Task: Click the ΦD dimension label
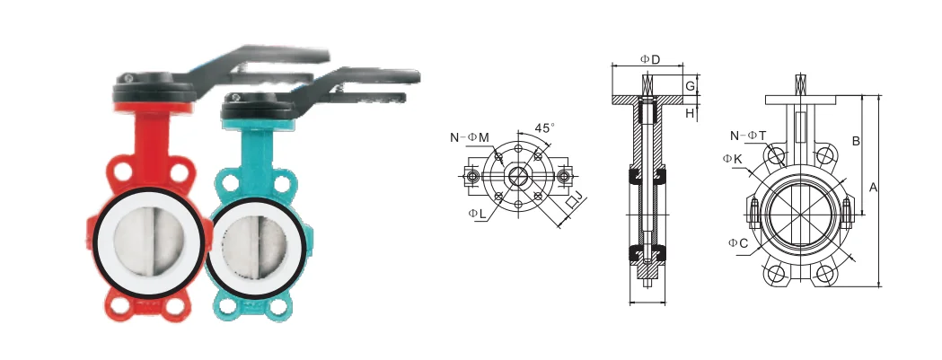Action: [649, 59]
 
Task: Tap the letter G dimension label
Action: [691, 86]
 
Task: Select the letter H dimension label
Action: [691, 113]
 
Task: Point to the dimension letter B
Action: [856, 141]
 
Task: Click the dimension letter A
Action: [874, 188]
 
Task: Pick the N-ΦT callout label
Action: [748, 136]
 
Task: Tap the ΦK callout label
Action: [733, 159]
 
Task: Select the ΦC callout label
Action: [738, 242]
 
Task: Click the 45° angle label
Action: [545, 128]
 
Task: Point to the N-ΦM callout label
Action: [470, 137]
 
